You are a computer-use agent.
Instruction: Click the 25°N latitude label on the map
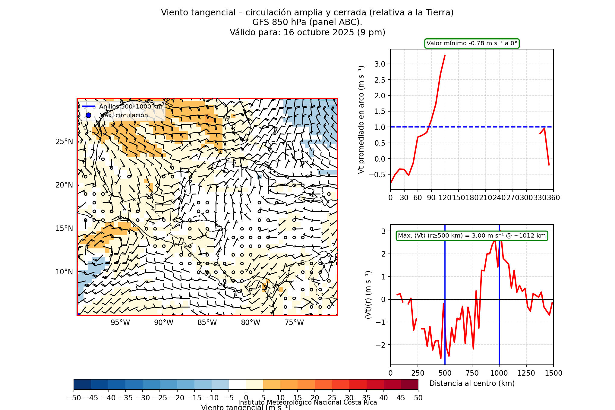64,142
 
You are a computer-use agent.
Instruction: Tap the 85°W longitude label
207,323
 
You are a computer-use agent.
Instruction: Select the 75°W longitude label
294,323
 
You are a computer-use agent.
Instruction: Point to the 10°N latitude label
64,272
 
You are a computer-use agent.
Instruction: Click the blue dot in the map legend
88,115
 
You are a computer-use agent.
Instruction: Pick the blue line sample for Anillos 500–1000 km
88,106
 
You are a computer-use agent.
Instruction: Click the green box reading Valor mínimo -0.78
472,43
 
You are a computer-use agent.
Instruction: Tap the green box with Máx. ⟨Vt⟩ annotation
472,236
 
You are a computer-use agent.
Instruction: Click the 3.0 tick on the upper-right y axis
380,64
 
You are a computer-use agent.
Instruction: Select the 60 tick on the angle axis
418,198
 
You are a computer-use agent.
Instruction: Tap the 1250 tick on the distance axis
526,373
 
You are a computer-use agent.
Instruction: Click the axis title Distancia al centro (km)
472,383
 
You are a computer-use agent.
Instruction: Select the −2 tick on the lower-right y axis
381,345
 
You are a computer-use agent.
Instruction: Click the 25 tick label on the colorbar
332,398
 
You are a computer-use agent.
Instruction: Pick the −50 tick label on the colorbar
74,398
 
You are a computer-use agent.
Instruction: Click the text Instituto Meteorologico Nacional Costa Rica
307,402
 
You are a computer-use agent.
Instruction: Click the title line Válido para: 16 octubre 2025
307,32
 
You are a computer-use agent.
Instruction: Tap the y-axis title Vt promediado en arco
361,119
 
